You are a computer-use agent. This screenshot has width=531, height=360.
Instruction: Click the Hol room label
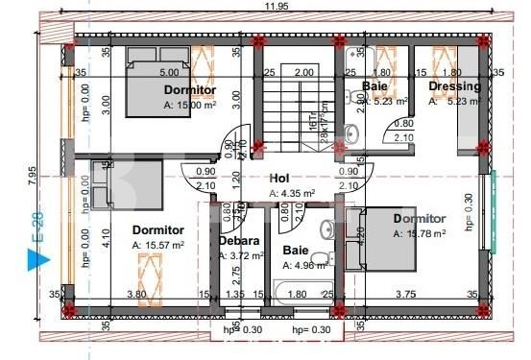[x=279, y=178]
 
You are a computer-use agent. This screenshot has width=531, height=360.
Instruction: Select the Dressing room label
[x=455, y=86]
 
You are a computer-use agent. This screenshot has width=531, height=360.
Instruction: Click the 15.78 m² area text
[x=421, y=232]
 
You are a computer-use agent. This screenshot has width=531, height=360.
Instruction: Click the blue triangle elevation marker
[x=36, y=257]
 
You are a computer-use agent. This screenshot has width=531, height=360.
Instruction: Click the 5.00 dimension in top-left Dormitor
[x=169, y=73]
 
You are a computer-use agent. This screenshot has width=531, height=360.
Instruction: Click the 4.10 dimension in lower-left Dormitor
[x=106, y=232]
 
